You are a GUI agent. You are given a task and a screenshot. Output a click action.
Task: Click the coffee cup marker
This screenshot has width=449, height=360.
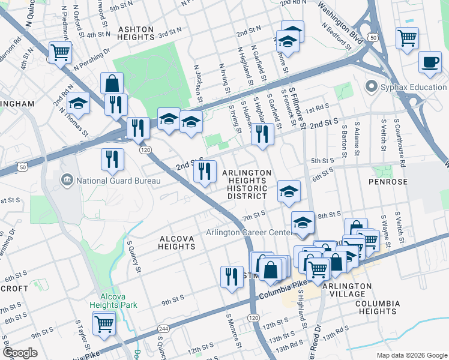429,62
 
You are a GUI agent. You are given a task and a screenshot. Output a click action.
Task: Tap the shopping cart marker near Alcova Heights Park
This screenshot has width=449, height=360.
104,324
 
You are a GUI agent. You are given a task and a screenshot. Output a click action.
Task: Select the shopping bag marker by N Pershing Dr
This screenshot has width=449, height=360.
112,84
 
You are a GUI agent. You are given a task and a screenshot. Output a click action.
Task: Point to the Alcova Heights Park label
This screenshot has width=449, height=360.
118,300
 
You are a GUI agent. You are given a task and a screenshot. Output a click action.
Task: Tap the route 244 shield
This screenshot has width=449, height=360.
163,329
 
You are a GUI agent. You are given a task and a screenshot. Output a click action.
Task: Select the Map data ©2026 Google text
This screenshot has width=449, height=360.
411,355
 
